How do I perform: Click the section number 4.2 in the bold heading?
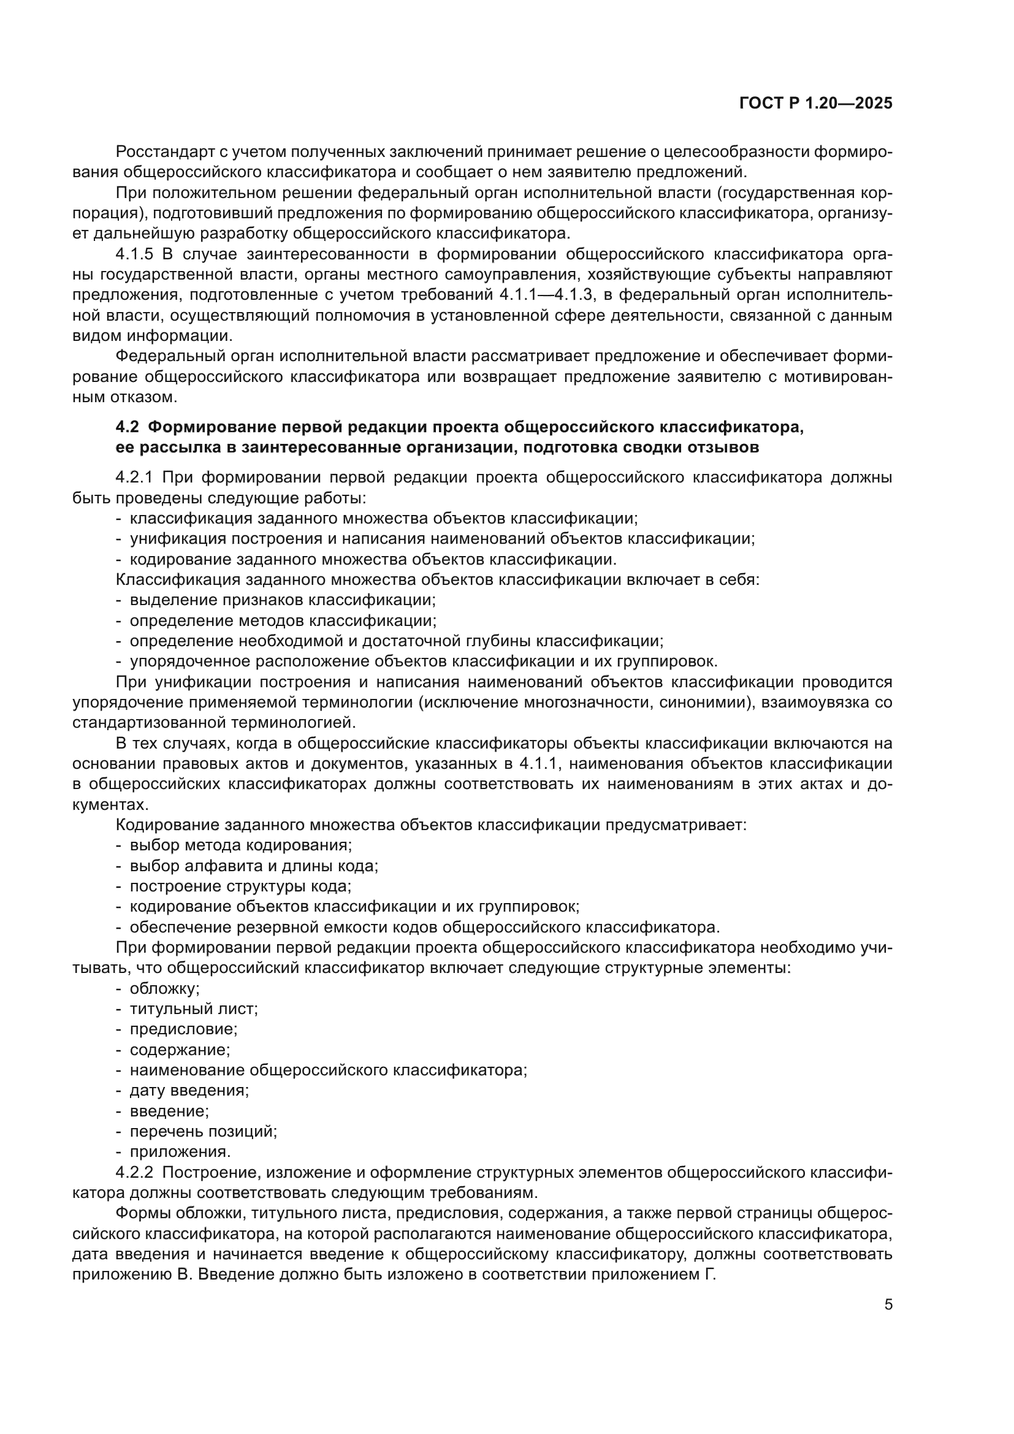point(129,427)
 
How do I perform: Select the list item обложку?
point(164,989)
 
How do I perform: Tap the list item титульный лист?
point(194,1009)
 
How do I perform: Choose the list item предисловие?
point(183,1029)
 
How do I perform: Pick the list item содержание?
point(180,1049)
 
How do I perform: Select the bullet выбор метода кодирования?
point(240,845)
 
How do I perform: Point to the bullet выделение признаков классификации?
point(282,600)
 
